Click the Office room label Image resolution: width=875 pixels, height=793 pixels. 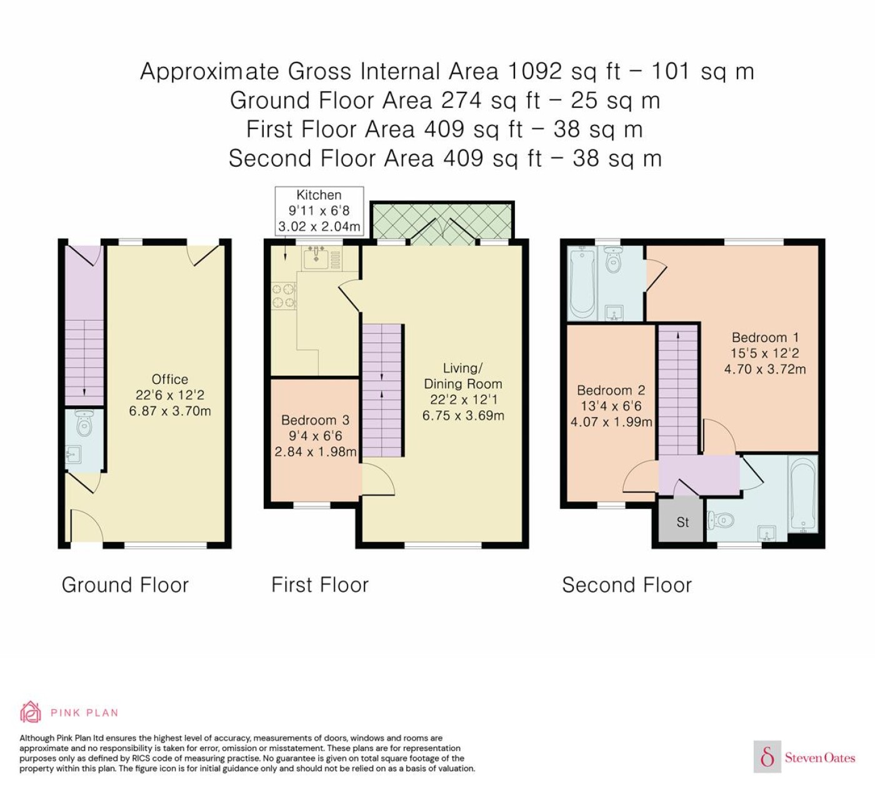169,379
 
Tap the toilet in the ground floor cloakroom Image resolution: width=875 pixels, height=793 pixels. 83,422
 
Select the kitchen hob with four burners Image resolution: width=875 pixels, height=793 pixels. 284,295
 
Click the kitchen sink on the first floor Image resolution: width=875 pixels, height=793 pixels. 316,257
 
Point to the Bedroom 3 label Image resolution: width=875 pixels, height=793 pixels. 316,420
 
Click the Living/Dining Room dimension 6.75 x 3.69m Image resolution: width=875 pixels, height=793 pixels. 463,415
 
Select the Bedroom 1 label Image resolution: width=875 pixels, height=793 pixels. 765,337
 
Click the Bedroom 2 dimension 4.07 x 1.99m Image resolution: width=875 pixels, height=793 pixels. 611,422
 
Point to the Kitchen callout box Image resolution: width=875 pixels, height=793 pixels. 319,211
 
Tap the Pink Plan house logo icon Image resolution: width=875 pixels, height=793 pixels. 31,712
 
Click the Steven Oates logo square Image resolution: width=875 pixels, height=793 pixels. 767,757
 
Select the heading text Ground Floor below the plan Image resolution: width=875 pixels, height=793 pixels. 125,585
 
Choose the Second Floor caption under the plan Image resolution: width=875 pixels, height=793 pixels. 627,585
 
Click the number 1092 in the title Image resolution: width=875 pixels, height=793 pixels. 535,72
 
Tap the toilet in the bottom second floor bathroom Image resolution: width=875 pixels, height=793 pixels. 721,520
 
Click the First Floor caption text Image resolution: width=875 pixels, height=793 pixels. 320,585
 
